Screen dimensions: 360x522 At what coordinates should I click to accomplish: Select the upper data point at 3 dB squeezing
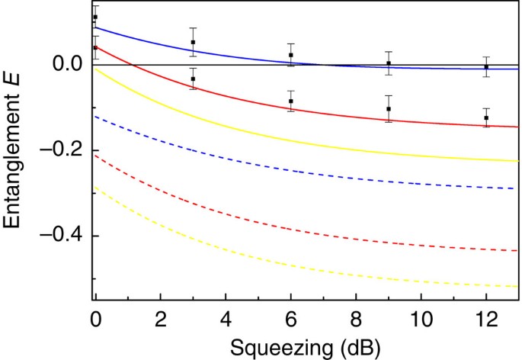194,43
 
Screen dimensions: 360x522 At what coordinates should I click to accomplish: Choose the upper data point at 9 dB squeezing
389,63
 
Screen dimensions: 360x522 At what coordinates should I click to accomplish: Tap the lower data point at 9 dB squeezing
389,109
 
